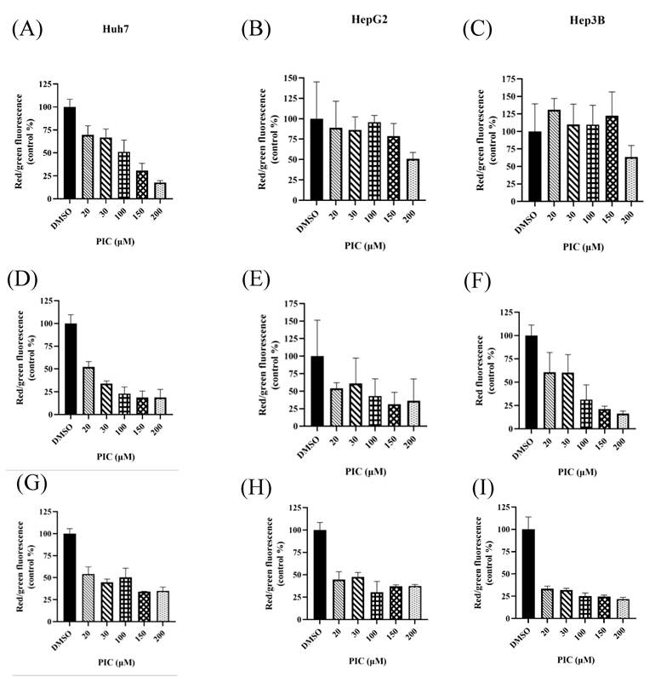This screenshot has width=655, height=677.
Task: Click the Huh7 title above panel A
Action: (116, 29)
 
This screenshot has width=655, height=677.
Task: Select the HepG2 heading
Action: (369, 20)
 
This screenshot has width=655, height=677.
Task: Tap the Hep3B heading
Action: (587, 20)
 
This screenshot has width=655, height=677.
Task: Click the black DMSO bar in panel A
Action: (70, 152)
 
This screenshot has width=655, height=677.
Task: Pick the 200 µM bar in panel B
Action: (413, 180)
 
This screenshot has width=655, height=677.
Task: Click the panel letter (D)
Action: (22, 279)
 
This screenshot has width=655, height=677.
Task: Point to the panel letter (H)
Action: (256, 488)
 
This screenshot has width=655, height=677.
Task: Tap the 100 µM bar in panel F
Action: (585, 414)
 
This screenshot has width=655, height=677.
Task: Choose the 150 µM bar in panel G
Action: (144, 606)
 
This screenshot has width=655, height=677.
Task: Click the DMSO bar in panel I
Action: (528, 574)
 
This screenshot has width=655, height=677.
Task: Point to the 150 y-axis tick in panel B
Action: (291, 77)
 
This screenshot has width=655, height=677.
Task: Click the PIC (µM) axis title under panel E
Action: (366, 472)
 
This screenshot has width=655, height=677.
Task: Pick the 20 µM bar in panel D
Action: (88, 391)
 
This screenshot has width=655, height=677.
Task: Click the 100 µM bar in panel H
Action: (377, 605)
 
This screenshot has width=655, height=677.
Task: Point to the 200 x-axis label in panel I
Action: (619, 633)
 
